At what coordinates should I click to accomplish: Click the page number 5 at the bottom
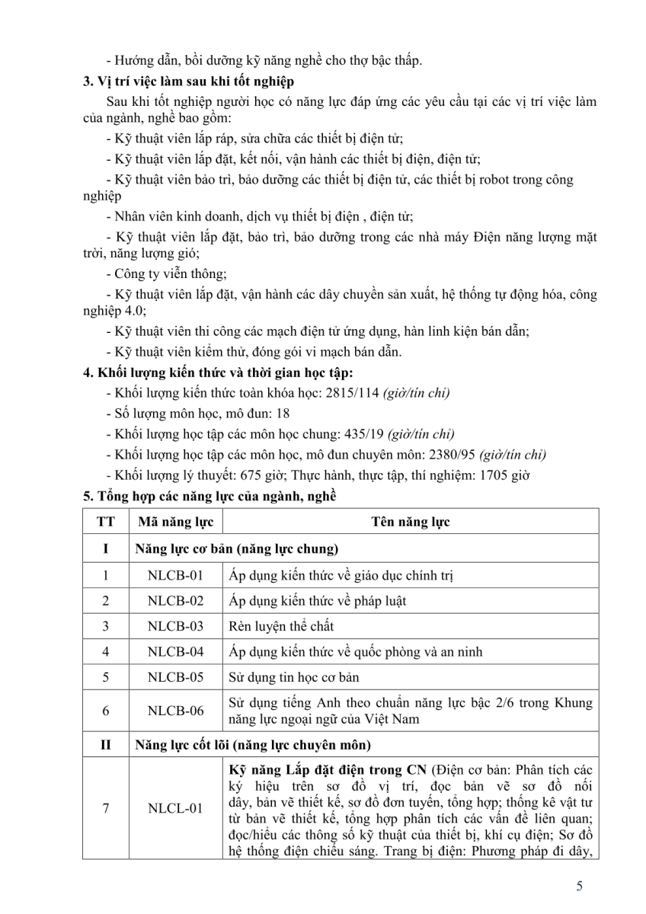click(580, 886)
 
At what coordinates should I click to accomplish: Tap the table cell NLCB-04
click(176, 651)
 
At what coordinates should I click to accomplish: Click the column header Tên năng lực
click(411, 522)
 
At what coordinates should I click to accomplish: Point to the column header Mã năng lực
click(176, 522)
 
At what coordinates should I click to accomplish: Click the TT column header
click(106, 522)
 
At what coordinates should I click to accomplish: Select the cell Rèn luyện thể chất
click(281, 626)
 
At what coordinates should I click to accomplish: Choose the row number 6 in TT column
click(106, 710)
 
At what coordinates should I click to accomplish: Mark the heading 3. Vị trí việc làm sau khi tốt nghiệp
click(200, 81)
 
